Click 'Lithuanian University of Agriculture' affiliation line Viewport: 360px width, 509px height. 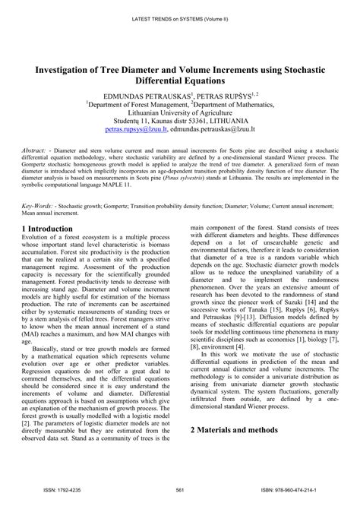180,109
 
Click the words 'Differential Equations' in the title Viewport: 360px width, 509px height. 180,79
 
